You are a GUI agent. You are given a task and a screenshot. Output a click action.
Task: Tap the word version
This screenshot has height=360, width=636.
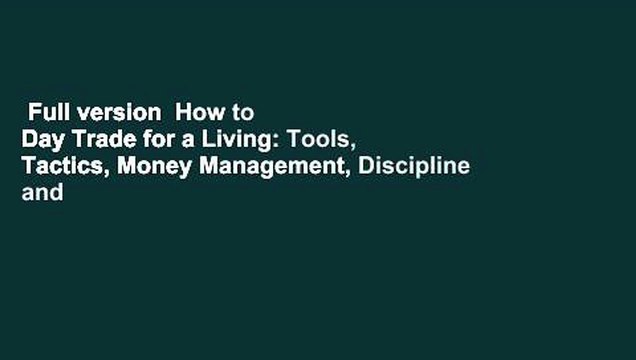(x=106, y=114)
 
